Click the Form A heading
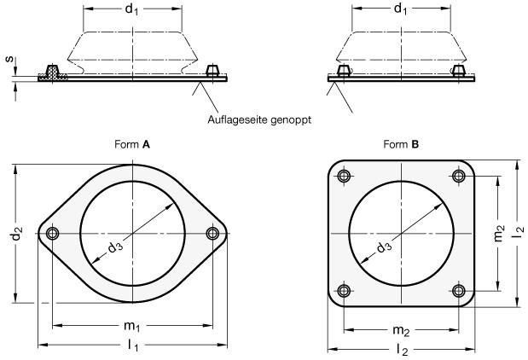133,145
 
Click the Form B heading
402,145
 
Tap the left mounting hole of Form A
53,234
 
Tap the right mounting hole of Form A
212,234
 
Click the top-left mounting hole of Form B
344,177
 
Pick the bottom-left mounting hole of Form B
344,292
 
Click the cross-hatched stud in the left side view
54,73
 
